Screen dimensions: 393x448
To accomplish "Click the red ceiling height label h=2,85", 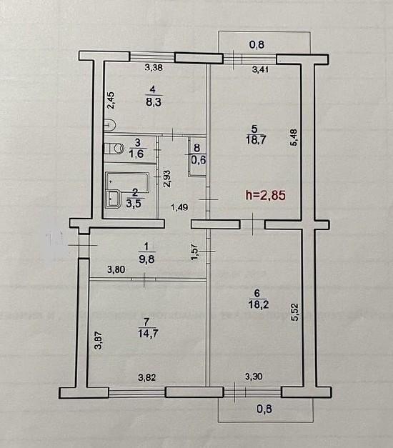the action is click(266, 195).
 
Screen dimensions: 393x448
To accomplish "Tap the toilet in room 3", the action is click(114, 149).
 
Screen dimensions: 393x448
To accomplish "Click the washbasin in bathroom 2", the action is click(114, 199).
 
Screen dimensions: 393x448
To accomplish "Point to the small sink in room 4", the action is click(110, 124).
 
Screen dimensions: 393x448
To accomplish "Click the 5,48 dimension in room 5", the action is click(294, 137).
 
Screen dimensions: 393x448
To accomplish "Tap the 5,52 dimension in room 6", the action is click(294, 312).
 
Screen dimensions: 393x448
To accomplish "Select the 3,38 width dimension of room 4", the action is click(154, 67).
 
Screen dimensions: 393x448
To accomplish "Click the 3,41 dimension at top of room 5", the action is click(260, 69).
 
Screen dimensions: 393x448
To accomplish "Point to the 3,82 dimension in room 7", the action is click(147, 378).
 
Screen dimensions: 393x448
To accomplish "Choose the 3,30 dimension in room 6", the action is click(254, 377).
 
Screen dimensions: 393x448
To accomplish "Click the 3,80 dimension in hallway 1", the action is click(116, 269).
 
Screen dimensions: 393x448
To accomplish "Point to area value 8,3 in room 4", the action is click(154, 101).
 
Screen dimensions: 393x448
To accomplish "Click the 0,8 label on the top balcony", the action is click(257, 44).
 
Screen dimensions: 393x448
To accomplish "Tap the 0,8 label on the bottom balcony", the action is click(264, 409).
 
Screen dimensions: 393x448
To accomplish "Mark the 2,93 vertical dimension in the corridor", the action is click(167, 179).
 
